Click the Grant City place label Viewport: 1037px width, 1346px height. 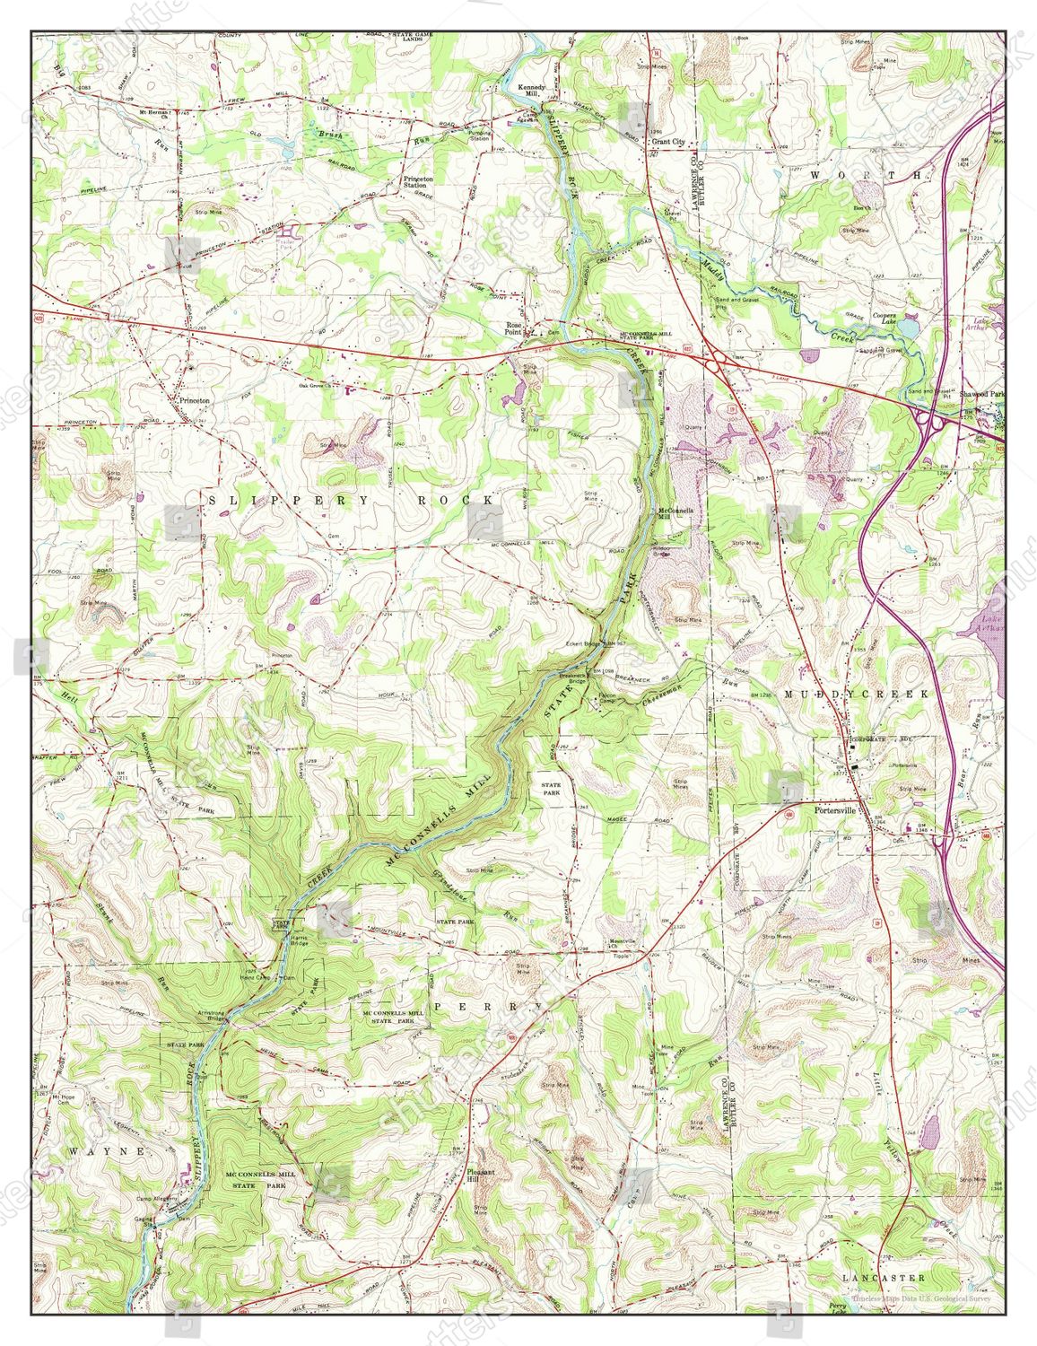667,142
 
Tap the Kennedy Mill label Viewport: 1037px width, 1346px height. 536,91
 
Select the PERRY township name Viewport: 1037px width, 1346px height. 489,1007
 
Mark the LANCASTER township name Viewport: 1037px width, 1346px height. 883,1276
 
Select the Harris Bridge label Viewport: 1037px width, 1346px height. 298,937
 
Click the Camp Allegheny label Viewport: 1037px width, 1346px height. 156,1199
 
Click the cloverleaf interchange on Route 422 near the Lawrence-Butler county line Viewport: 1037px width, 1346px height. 717,362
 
